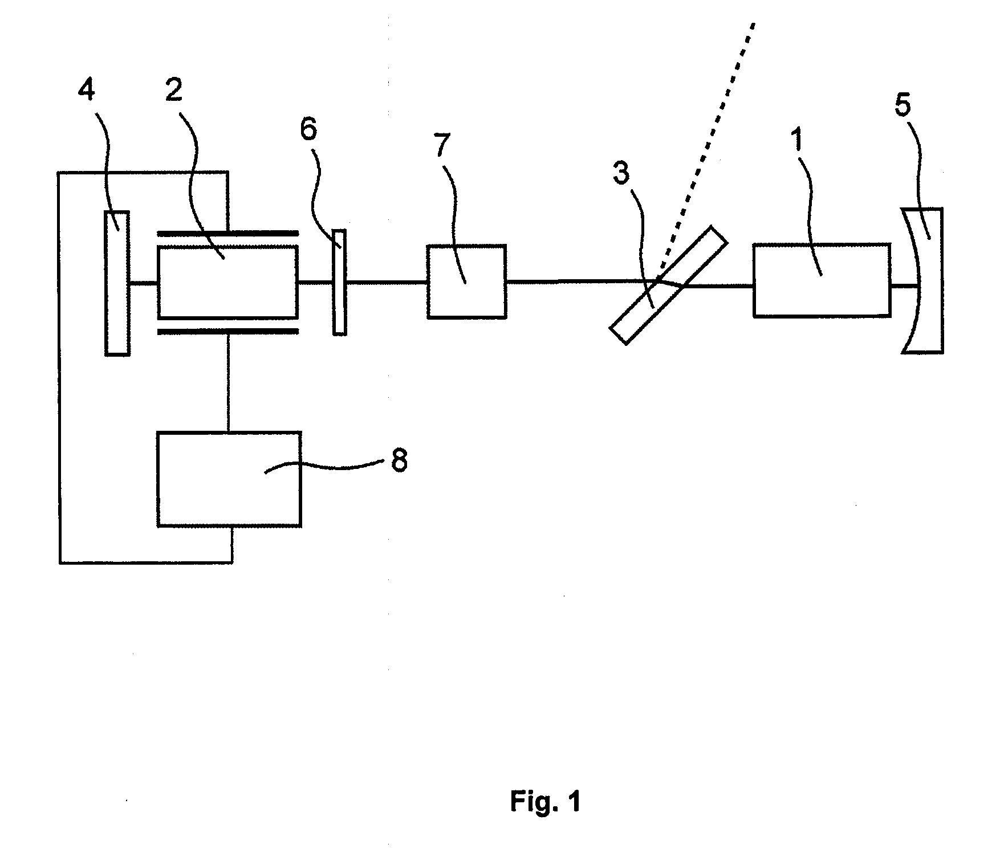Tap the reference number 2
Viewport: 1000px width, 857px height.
[173, 91]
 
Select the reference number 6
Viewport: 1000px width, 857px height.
[308, 130]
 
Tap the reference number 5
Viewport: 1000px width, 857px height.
[903, 106]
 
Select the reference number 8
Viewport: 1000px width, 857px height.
[399, 460]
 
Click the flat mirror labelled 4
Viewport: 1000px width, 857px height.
[117, 283]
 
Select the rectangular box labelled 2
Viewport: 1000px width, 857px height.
[227, 281]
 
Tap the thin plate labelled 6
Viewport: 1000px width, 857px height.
[339, 281]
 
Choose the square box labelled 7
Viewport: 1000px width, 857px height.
[466, 281]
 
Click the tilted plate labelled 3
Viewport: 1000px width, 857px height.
[669, 285]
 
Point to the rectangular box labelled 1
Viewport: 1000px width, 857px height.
[822, 280]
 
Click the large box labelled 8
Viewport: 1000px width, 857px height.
[229, 479]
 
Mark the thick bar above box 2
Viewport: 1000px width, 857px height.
[227, 233]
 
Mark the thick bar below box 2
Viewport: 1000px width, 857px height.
[227, 331]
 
